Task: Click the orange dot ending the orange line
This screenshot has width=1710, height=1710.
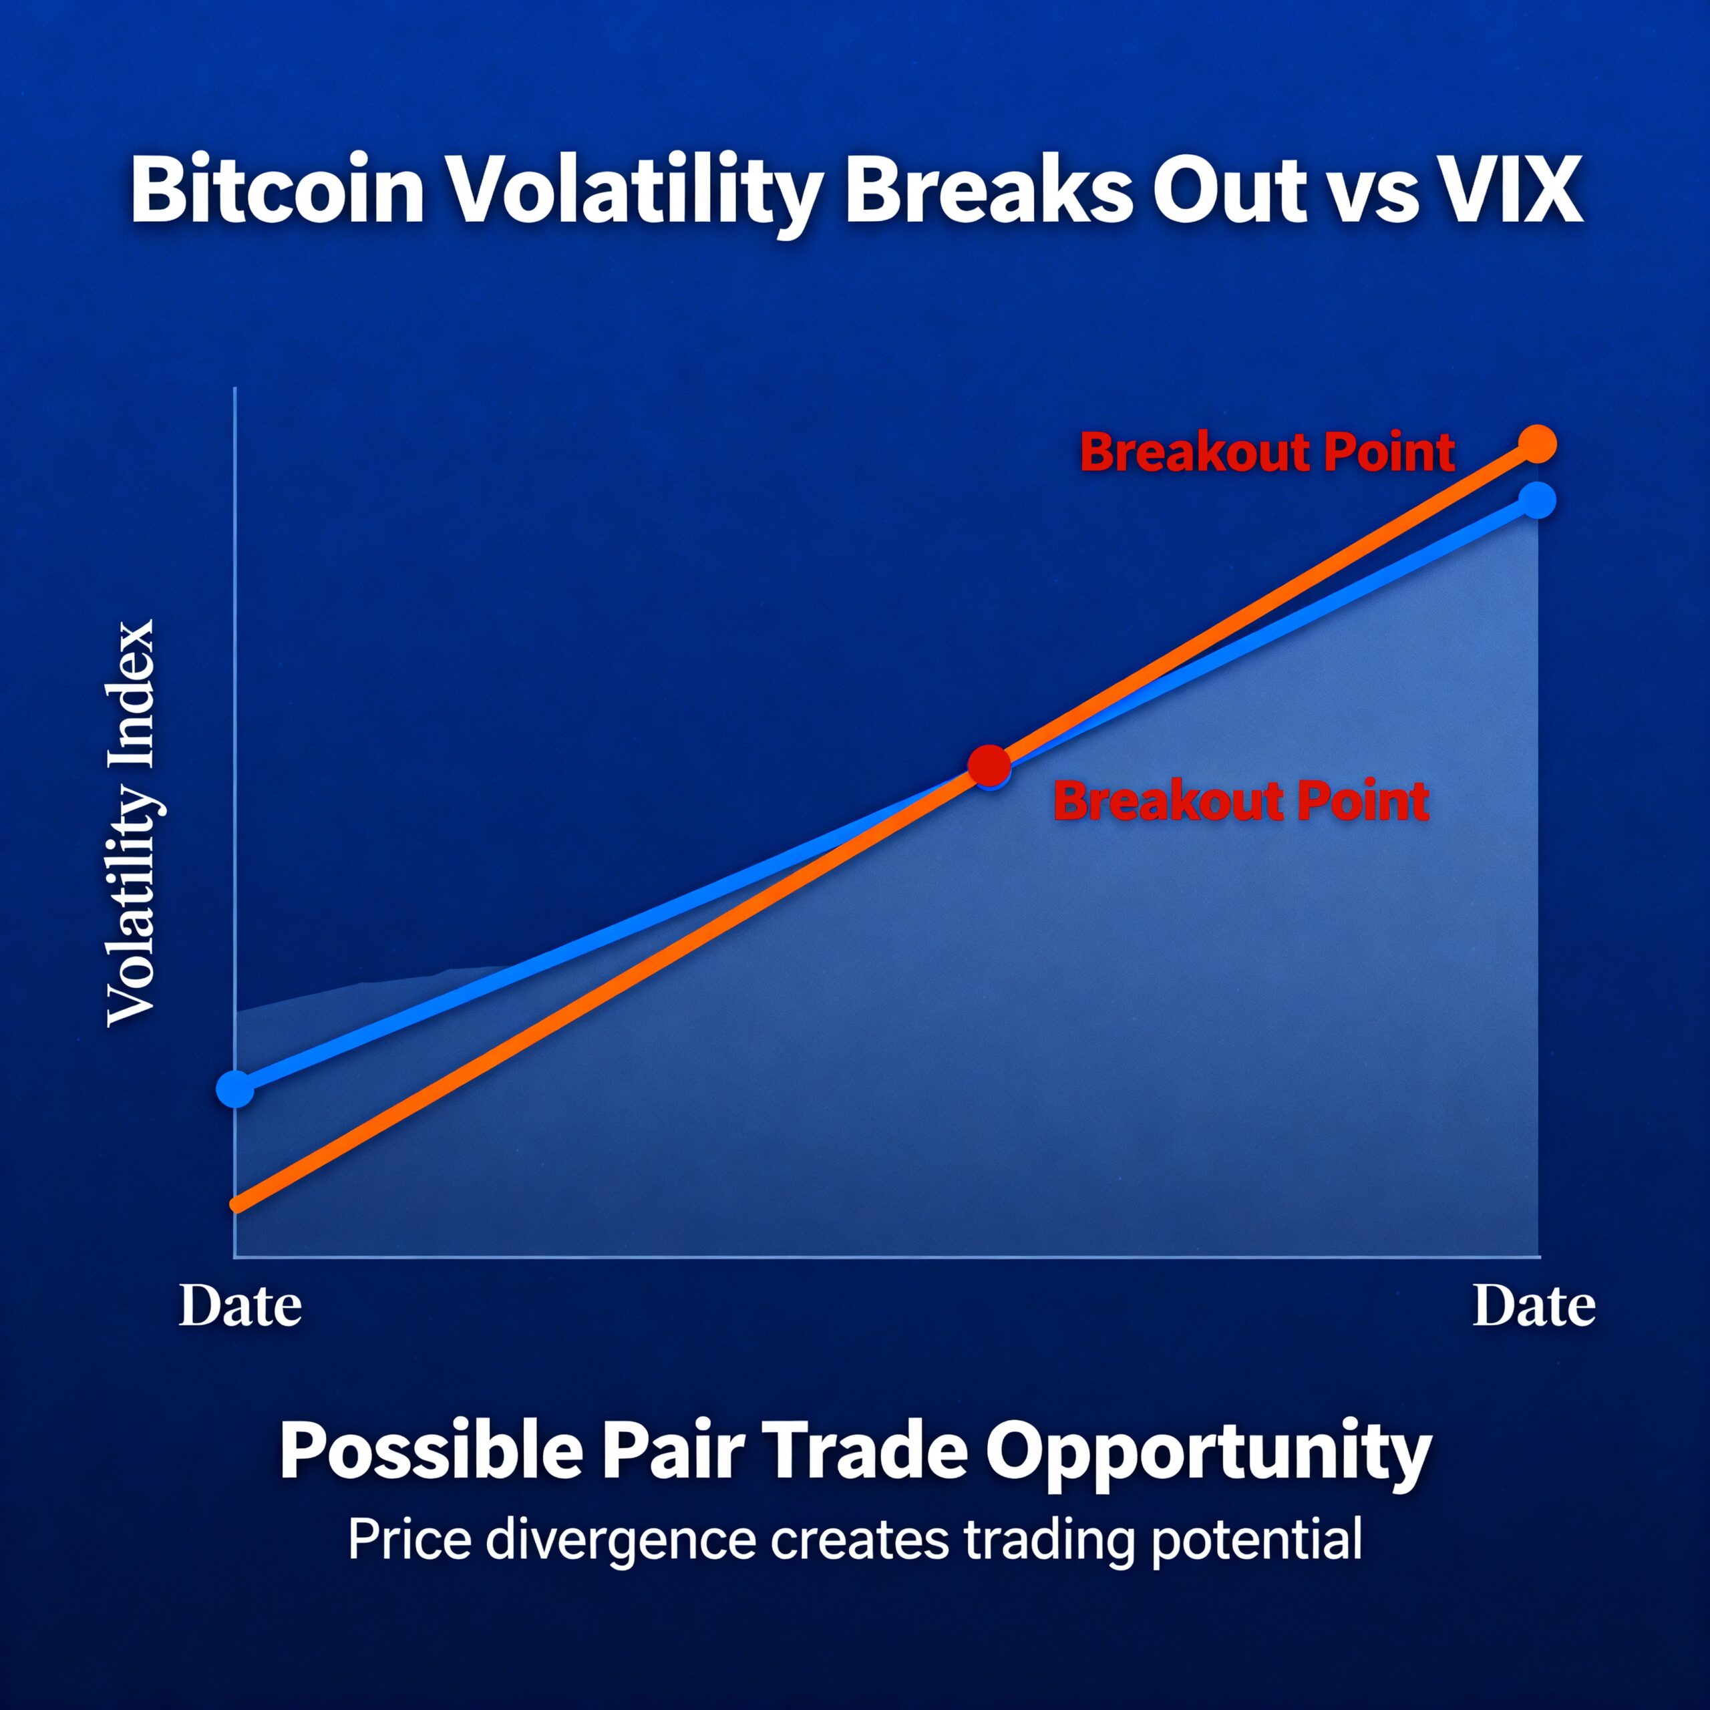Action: pyautogui.click(x=1538, y=444)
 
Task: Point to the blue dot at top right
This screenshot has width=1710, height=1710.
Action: pyautogui.click(x=1538, y=501)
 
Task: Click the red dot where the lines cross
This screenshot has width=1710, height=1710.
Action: pyautogui.click(x=989, y=765)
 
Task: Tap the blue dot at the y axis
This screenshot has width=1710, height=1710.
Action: pyautogui.click(x=235, y=1089)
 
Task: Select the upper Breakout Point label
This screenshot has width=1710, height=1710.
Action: pyautogui.click(x=1266, y=452)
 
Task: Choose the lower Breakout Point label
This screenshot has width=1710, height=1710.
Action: pyautogui.click(x=1241, y=801)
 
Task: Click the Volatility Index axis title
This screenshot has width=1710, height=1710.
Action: pyautogui.click(x=131, y=823)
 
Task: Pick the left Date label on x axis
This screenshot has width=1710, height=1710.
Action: pyautogui.click(x=240, y=1307)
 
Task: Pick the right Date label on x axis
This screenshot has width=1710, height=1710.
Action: pyautogui.click(x=1534, y=1307)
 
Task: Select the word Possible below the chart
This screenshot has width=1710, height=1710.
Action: pyautogui.click(x=431, y=1451)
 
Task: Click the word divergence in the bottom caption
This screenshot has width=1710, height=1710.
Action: pyautogui.click(x=621, y=1541)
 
